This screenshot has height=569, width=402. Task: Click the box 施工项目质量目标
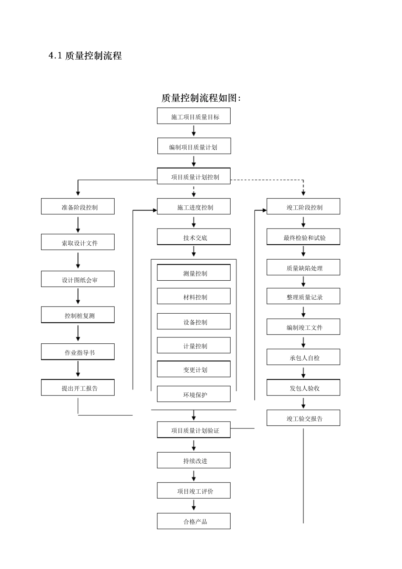194,116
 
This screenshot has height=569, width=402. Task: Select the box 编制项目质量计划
194,146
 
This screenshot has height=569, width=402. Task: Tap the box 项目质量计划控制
194,177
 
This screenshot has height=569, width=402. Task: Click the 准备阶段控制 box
78,207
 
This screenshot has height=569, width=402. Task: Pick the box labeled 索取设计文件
78,243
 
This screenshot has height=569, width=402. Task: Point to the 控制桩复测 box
78,315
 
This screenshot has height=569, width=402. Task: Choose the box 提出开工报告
78,388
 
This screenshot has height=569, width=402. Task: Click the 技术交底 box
194,237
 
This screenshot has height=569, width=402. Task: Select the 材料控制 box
194,296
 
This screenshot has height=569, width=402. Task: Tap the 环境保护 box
194,394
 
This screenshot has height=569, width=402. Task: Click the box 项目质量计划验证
194,430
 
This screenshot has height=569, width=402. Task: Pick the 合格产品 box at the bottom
194,521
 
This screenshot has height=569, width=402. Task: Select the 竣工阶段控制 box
303,207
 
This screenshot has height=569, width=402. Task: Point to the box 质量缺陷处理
303,268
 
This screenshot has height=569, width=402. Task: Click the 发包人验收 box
303,388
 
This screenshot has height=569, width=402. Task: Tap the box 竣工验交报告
303,418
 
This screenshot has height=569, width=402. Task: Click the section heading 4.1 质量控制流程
85,55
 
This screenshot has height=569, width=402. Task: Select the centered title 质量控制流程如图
201,98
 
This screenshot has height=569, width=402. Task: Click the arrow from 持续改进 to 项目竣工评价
194,475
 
